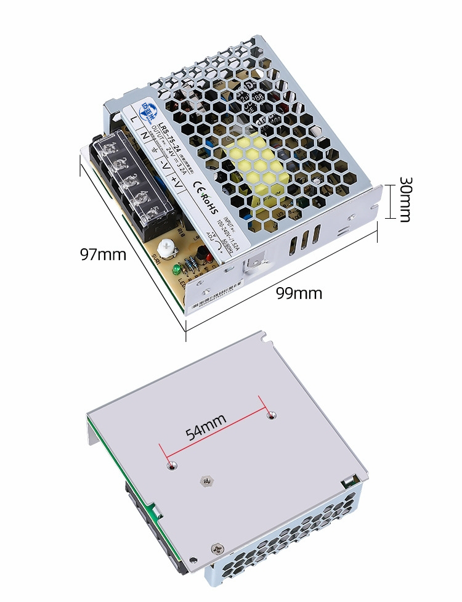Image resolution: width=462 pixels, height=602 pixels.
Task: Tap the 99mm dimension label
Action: click(x=299, y=293)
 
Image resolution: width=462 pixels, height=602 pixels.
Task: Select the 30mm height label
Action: click(x=404, y=200)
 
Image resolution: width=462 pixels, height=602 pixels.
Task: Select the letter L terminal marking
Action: click(x=132, y=118)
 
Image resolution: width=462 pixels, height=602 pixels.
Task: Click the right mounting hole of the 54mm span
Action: click(x=270, y=417)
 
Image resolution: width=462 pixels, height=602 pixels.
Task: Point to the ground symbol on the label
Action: click(x=154, y=148)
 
